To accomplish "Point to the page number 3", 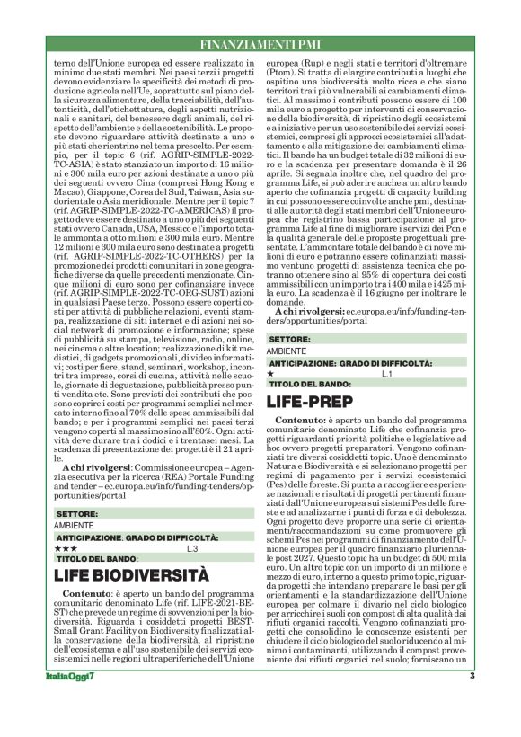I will (x=471, y=701).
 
